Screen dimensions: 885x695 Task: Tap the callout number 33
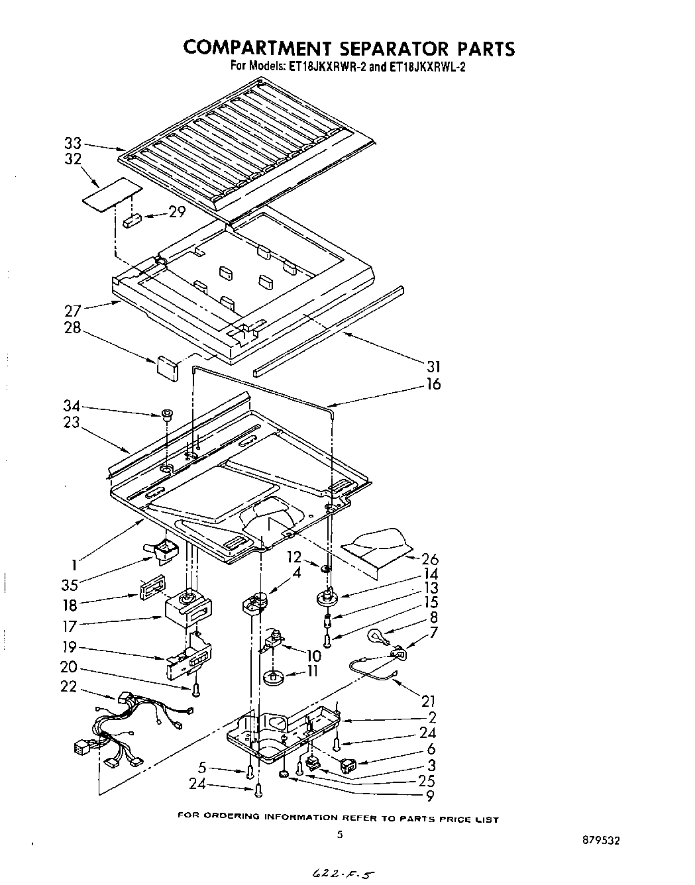pyautogui.click(x=73, y=142)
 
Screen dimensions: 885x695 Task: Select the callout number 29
pyautogui.click(x=177, y=212)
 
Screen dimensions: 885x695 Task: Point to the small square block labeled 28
pyautogui.click(x=167, y=366)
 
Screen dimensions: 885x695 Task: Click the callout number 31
pyautogui.click(x=434, y=366)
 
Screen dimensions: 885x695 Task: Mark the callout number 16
pyautogui.click(x=433, y=384)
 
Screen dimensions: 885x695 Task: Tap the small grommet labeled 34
pyautogui.click(x=166, y=415)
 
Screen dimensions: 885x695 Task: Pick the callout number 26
pyautogui.click(x=431, y=559)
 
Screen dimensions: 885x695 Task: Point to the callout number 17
pyautogui.click(x=70, y=625)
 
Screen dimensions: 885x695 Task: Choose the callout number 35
pyautogui.click(x=70, y=585)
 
